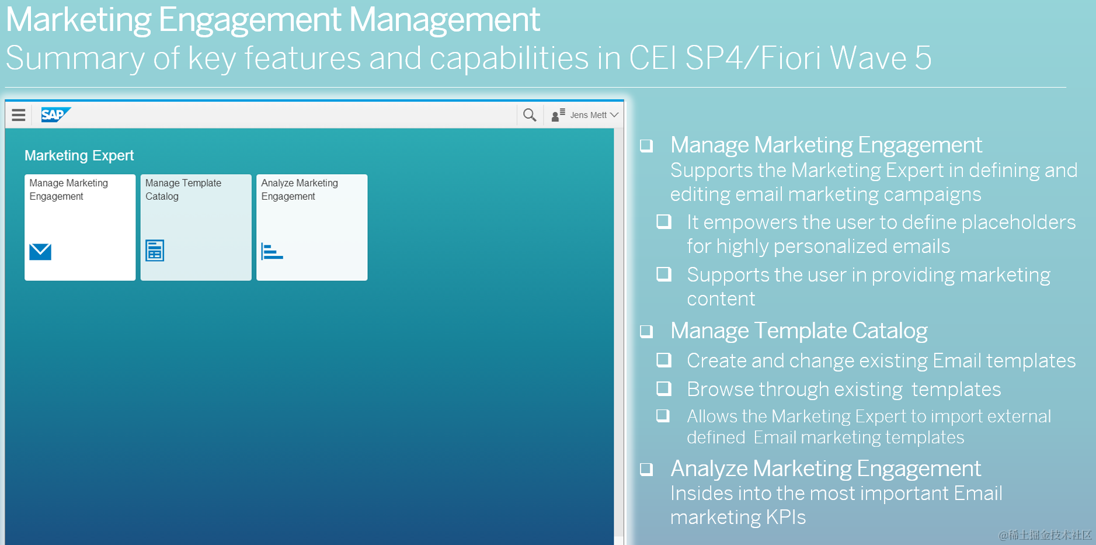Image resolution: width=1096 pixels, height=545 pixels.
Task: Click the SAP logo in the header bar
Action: click(x=55, y=114)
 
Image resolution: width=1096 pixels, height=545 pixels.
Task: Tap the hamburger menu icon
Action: click(x=19, y=114)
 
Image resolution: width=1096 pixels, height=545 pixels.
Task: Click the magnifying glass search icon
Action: click(x=529, y=114)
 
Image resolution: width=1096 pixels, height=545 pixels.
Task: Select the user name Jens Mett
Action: click(x=588, y=115)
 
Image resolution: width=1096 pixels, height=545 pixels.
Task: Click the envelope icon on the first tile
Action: click(x=40, y=252)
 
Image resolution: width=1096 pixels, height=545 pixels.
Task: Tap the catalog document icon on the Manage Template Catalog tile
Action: click(x=155, y=251)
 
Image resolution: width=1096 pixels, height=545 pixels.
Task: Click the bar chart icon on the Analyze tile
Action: click(x=272, y=251)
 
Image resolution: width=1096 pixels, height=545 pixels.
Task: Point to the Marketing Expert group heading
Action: click(x=79, y=155)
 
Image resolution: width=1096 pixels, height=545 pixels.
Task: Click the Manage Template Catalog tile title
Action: click(x=183, y=189)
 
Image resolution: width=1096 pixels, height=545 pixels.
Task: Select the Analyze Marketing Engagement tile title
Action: click(x=299, y=189)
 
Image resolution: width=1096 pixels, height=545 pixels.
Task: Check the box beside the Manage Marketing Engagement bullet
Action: click(x=646, y=145)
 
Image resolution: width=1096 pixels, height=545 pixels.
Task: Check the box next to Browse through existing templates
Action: click(x=664, y=388)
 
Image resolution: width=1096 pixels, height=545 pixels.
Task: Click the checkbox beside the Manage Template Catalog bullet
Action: click(x=646, y=331)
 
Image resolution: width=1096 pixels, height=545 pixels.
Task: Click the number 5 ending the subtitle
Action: click(x=923, y=58)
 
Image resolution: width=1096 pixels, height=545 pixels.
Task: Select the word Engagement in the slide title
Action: click(x=249, y=20)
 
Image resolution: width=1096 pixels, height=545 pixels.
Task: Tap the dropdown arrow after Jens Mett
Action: click(x=614, y=115)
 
